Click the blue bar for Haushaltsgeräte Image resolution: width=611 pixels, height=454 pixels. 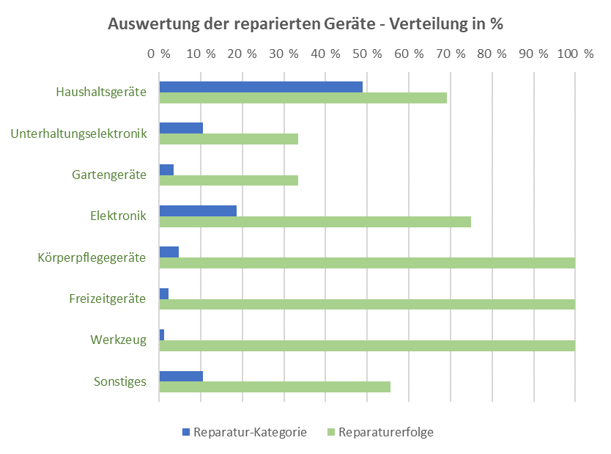coord(261,87)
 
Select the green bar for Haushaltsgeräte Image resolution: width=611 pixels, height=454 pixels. coord(303,98)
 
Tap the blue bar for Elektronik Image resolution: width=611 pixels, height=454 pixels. coord(198,210)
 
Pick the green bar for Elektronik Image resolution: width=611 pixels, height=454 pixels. coord(315,221)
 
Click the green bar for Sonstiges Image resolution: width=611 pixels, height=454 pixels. coord(275,387)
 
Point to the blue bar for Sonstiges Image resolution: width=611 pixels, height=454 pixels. coord(181,376)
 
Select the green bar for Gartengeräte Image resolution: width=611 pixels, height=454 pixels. coord(229,180)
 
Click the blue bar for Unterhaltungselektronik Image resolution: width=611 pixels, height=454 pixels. coord(181,128)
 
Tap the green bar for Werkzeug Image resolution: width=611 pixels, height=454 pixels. coord(367,345)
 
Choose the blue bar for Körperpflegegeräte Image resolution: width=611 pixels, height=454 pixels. coord(169,252)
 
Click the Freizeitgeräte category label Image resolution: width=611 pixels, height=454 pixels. coord(108,299)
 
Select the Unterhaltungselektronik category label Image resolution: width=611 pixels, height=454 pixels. coord(79,133)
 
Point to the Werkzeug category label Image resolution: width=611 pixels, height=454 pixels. coord(119,340)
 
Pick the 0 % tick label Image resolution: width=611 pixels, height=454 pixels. coord(159,54)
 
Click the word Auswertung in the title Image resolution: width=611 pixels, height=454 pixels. coord(152,23)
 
